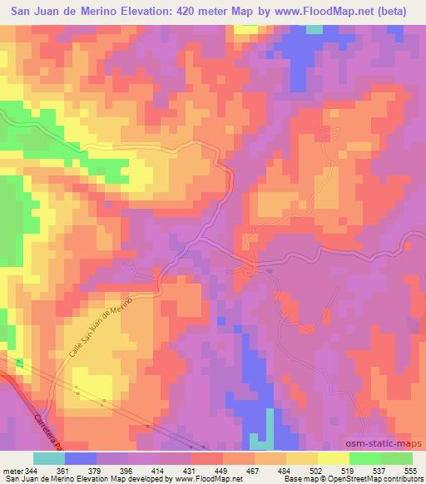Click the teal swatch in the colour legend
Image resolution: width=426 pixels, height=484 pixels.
point(49,458)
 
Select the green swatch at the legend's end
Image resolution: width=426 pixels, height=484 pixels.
point(397,458)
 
